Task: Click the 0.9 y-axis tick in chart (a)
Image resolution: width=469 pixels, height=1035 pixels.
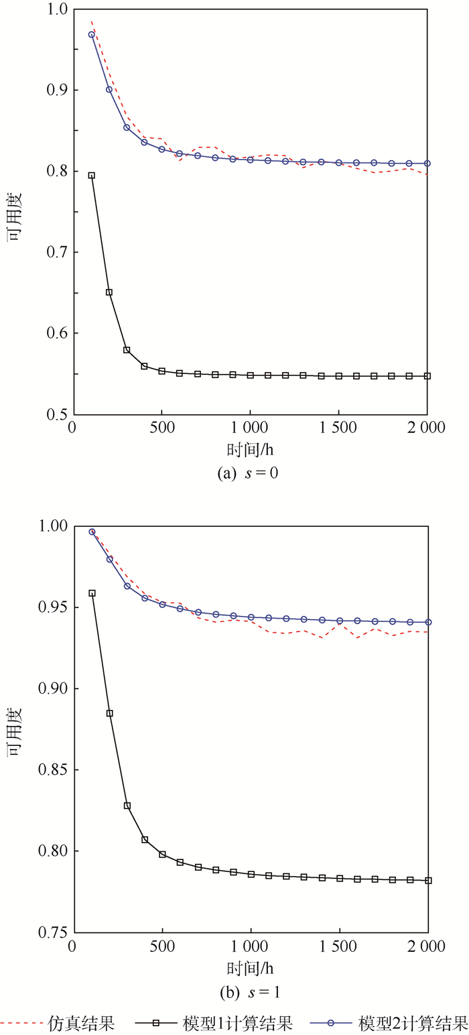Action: [57, 90]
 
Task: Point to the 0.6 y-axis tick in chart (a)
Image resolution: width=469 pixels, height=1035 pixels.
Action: [57, 333]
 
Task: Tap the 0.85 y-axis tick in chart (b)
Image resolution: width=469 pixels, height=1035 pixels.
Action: [54, 770]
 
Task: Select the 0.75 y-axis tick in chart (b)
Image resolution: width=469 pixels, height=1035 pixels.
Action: [54, 932]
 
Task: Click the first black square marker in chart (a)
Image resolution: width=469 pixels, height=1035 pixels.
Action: [92, 176]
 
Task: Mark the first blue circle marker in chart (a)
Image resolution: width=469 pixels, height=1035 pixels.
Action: [92, 34]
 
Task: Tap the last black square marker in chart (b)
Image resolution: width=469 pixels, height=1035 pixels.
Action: [428, 880]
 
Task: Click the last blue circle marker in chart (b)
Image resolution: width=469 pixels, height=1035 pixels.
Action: [428, 622]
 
